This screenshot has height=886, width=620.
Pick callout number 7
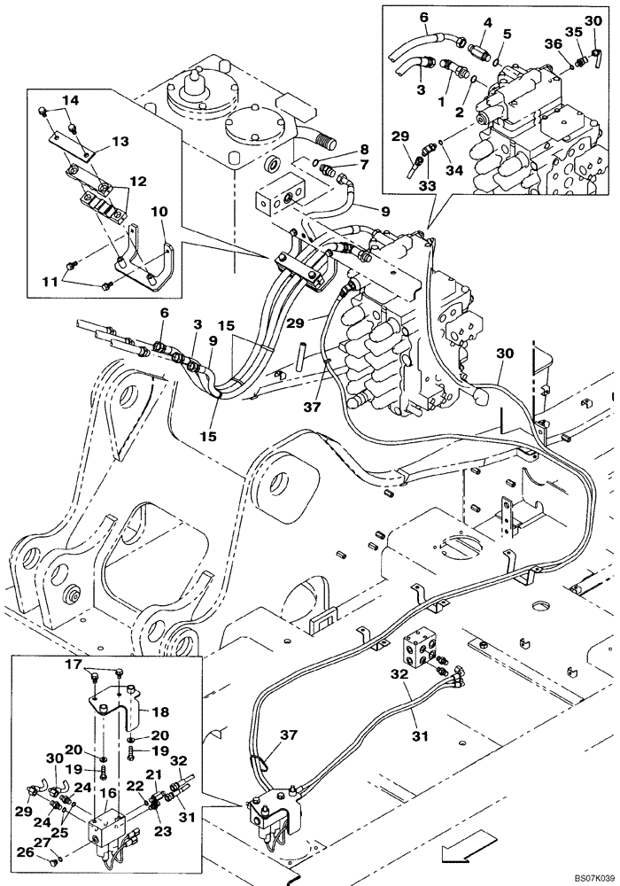pyautogui.click(x=340, y=165)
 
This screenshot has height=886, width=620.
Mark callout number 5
pyautogui.click(x=508, y=35)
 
